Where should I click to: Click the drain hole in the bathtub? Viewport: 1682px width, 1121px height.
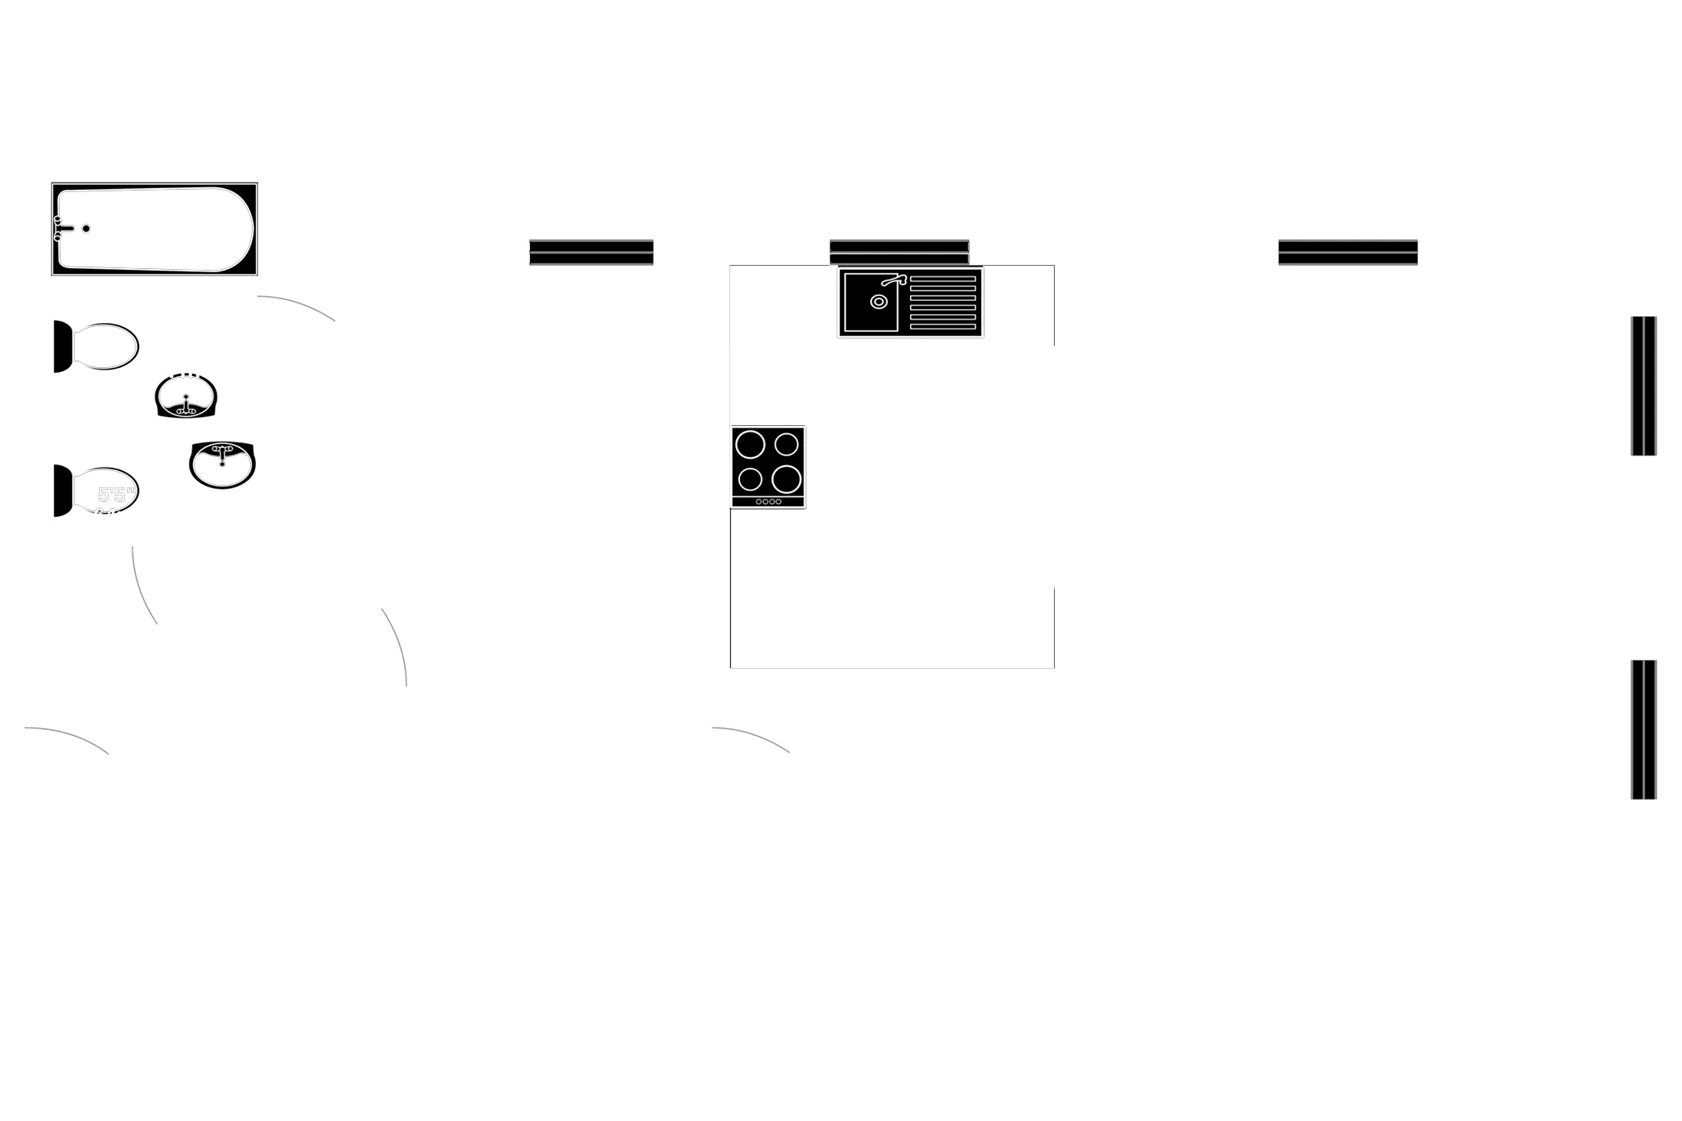[86, 229]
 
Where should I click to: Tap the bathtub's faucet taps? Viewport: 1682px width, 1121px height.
[58, 228]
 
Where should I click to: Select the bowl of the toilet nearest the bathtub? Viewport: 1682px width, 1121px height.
[107, 347]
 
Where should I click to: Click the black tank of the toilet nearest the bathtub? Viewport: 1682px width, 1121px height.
[62, 347]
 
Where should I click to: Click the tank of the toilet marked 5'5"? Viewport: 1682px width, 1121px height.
[62, 491]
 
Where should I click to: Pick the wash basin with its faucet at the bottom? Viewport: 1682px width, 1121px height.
[186, 397]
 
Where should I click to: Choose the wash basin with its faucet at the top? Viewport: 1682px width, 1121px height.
[222, 464]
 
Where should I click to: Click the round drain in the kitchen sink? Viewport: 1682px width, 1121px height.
[878, 302]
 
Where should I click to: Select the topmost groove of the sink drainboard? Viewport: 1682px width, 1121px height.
[943, 279]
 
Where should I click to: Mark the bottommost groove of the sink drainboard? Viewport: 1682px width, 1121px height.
[943, 327]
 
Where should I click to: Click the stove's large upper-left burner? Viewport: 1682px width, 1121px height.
[750, 445]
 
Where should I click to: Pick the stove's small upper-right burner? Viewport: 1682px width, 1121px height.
[787, 444]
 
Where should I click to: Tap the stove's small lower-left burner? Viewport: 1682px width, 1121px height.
[750, 478]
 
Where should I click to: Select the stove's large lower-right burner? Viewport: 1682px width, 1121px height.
[785, 478]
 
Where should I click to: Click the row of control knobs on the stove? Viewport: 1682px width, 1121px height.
[769, 501]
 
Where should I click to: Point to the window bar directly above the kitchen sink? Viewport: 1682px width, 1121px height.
[899, 250]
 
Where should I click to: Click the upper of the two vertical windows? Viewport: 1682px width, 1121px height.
[1644, 385]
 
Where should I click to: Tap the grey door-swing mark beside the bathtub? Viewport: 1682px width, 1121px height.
[298, 307]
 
